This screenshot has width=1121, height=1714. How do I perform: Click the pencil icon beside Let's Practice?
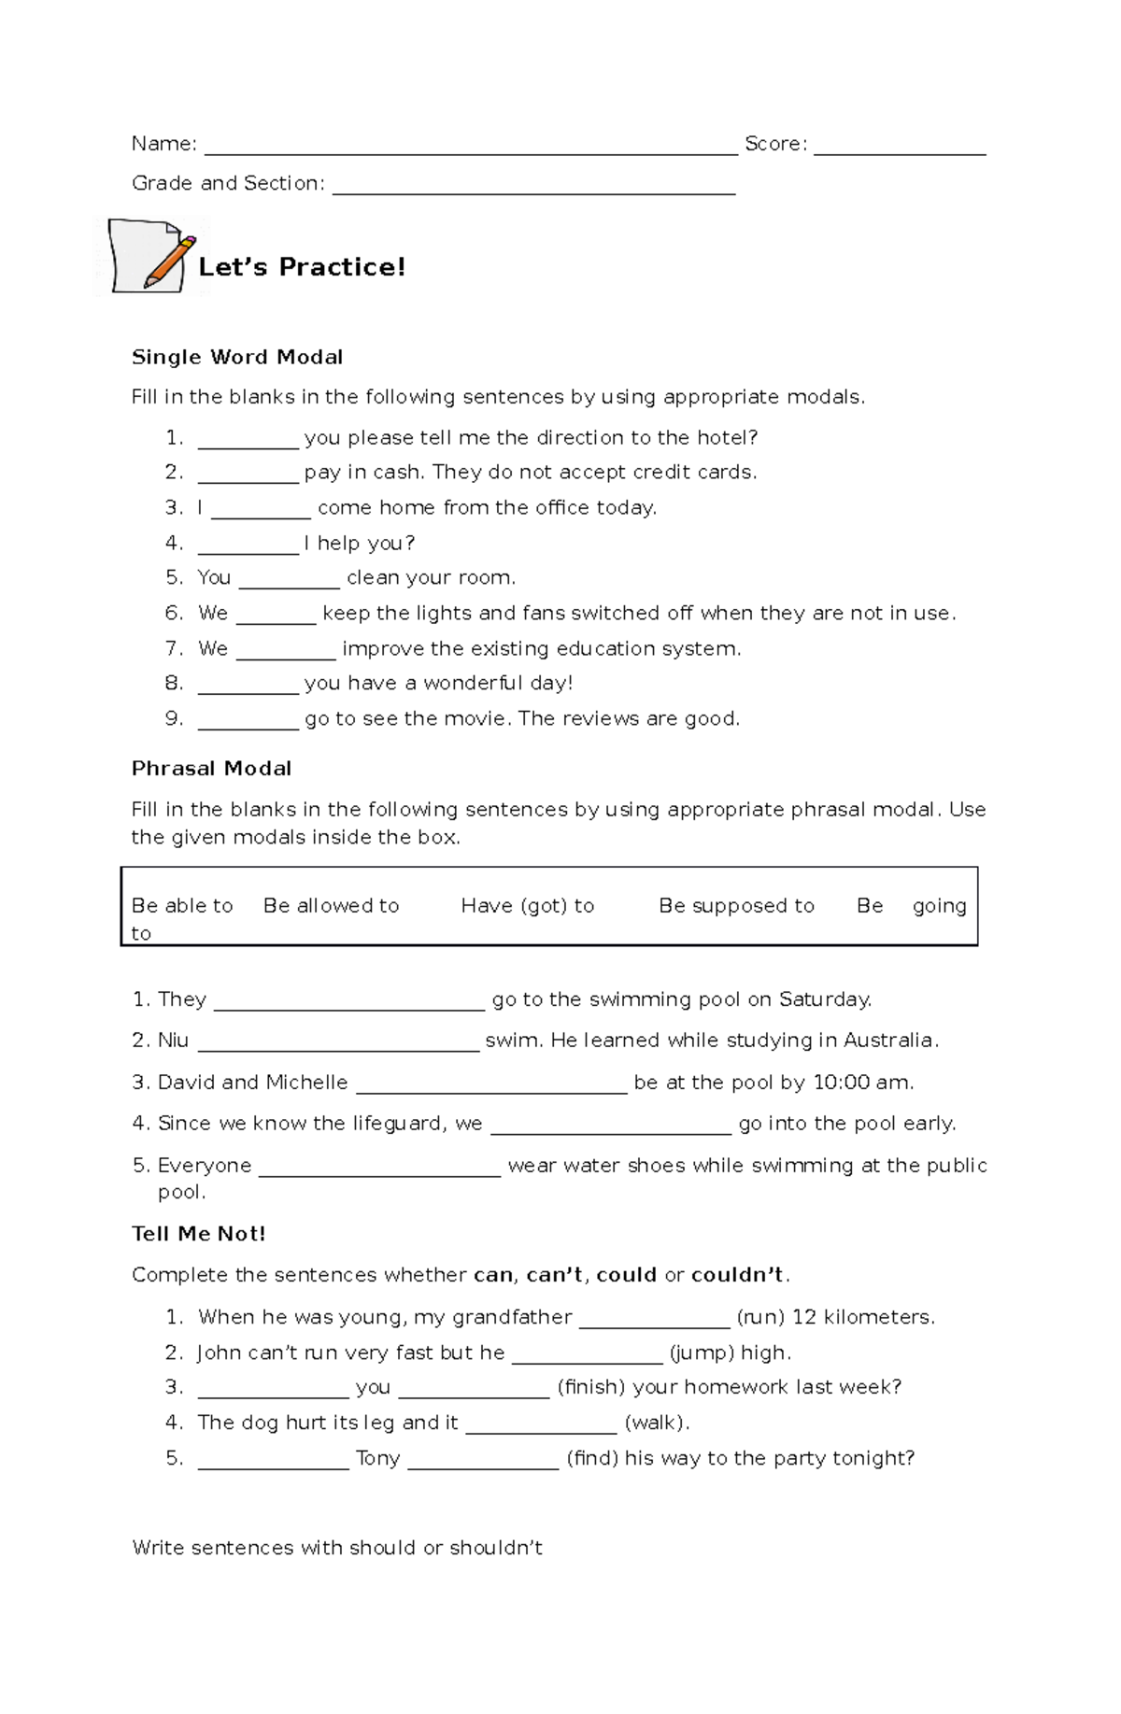[x=152, y=258]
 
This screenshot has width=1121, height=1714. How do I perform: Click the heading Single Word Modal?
[x=237, y=357]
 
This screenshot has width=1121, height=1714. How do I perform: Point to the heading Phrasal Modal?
[x=211, y=769]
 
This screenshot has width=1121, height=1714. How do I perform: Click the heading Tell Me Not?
[x=199, y=1234]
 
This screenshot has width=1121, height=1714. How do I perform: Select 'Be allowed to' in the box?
[x=331, y=905]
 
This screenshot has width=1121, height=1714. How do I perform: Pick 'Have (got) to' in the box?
[x=527, y=905]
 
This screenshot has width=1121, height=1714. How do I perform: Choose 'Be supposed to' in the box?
[x=736, y=905]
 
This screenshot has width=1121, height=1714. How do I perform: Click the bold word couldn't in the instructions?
[x=739, y=1275]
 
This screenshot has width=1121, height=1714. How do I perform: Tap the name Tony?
[x=377, y=1458]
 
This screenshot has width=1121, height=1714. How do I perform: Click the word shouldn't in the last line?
[x=495, y=1548]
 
